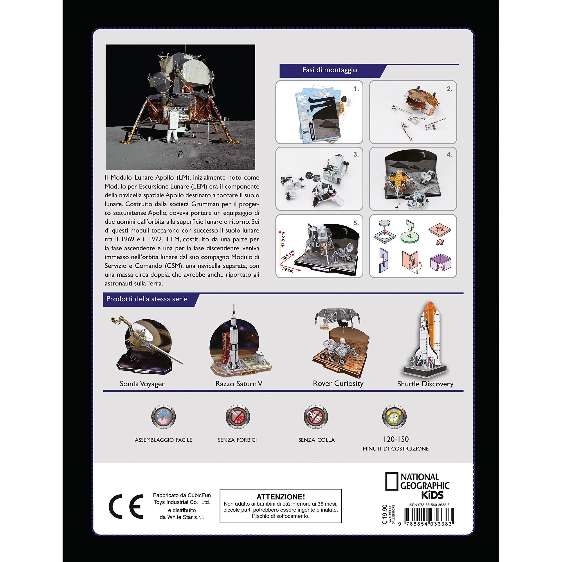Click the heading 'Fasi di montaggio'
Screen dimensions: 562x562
pyautogui.click(x=330, y=70)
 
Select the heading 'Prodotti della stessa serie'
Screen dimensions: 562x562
pyautogui.click(x=147, y=299)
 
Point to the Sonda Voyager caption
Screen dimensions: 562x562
pyautogui.click(x=142, y=384)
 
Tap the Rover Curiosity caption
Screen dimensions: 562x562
pyautogui.click(x=338, y=383)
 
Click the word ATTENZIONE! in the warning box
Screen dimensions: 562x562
pyautogui.click(x=281, y=497)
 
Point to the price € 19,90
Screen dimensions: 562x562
pyautogui.click(x=385, y=516)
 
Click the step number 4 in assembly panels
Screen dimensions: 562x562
pyautogui.click(x=449, y=155)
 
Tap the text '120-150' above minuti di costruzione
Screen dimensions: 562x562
pyautogui.click(x=396, y=439)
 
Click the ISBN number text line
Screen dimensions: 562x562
pyautogui.click(x=429, y=505)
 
